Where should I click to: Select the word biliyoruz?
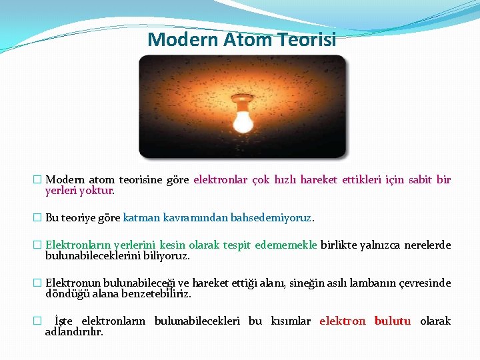point(171,255)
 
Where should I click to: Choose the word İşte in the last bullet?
point(64,321)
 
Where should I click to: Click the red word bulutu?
point(392,321)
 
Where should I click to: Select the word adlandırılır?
point(73,331)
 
